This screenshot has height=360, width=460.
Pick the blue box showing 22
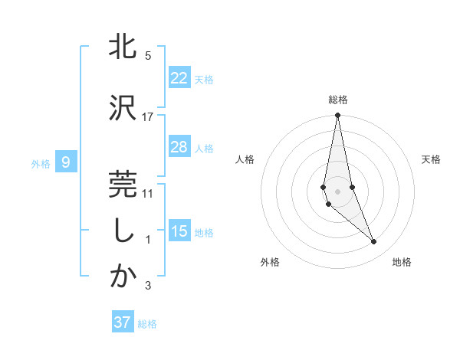click(x=179, y=78)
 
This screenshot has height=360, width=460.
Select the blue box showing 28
click(x=179, y=147)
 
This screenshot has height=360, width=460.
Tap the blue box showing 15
click(x=179, y=231)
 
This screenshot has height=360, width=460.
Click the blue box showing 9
click(x=66, y=162)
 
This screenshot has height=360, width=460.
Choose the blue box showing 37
click(x=122, y=322)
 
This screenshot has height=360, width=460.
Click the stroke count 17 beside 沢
click(x=148, y=116)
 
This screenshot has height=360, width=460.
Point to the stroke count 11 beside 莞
click(x=148, y=193)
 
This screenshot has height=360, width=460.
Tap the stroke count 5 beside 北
click(x=148, y=56)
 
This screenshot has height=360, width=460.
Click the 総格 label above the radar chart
click(x=338, y=100)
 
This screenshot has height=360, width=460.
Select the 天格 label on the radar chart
click(x=432, y=159)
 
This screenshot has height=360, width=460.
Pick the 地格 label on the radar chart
click(x=402, y=262)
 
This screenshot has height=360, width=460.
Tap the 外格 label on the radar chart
click(x=270, y=262)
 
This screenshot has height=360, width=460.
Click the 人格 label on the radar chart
click(x=245, y=159)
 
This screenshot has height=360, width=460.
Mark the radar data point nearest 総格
click(x=338, y=116)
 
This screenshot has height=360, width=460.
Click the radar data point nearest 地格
click(x=374, y=242)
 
